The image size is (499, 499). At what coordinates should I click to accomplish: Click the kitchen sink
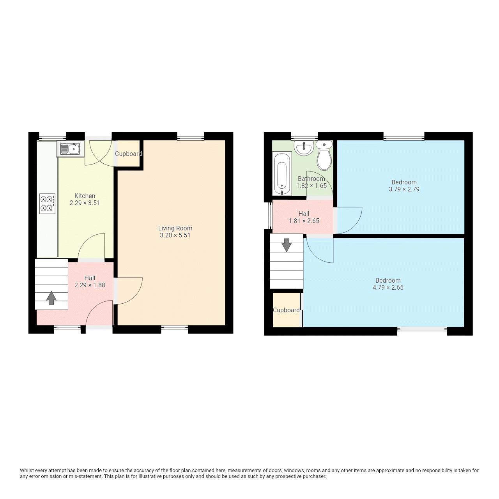(x=70, y=149)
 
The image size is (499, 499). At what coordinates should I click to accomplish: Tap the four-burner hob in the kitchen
(x=47, y=203)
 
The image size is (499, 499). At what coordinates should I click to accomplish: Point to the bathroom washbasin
(x=304, y=148)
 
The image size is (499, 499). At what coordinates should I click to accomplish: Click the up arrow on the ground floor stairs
(x=51, y=298)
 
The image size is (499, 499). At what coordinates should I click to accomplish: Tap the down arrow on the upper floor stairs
(x=287, y=245)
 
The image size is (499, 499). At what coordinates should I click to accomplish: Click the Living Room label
(x=175, y=228)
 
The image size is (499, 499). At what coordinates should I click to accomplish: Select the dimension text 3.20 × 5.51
(x=175, y=235)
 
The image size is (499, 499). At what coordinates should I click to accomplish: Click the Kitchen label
(x=85, y=196)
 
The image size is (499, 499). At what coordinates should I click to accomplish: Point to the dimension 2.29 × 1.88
(x=90, y=285)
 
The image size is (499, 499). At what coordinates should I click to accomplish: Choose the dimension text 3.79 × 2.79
(x=404, y=189)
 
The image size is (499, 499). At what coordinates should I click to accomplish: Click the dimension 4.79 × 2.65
(x=388, y=288)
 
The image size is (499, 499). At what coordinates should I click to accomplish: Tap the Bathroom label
(x=311, y=179)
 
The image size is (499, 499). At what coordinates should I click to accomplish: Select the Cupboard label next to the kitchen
(x=128, y=154)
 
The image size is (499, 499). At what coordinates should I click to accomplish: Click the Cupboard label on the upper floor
(x=286, y=310)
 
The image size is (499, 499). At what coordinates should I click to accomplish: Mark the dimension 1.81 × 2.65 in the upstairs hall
(x=304, y=221)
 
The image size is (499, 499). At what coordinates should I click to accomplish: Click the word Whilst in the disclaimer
(x=27, y=471)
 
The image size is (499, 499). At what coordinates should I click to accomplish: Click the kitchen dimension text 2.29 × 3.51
(x=85, y=203)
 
